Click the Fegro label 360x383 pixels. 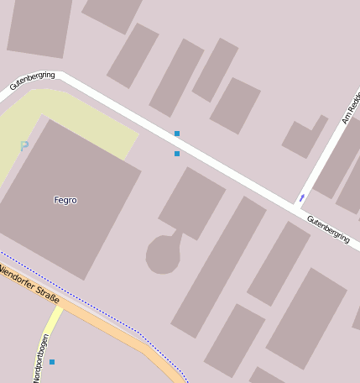pyautogui.click(x=65, y=200)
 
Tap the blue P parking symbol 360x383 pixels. pyautogui.click(x=24, y=147)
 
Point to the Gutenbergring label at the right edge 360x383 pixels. pyautogui.click(x=328, y=229)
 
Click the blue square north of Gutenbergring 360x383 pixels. pyautogui.click(x=177, y=134)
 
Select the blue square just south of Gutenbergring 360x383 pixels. pyautogui.click(x=177, y=154)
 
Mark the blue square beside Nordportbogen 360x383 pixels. pyautogui.click(x=52, y=362)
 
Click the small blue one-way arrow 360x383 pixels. pyautogui.click(x=301, y=198)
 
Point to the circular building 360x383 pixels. pyautogui.click(x=162, y=254)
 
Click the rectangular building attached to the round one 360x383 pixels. pyautogui.click(x=192, y=202)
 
